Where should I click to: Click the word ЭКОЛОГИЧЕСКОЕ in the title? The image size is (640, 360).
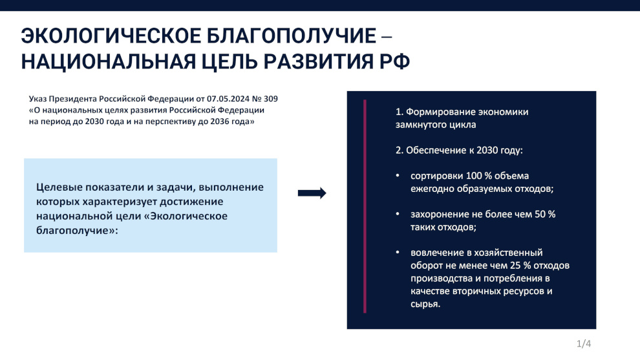111,36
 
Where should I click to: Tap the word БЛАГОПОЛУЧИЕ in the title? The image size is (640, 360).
291,36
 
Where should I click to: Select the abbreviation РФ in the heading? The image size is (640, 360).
394,61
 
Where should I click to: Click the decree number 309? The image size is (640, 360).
271,99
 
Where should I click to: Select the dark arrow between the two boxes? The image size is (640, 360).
312,193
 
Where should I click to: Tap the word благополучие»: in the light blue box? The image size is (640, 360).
77,231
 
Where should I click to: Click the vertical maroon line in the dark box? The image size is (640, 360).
365,206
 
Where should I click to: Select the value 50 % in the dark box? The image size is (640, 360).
546,215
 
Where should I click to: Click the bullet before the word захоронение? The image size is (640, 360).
398,214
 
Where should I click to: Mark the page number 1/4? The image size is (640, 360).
584,344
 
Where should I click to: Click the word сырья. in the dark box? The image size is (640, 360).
425,304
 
